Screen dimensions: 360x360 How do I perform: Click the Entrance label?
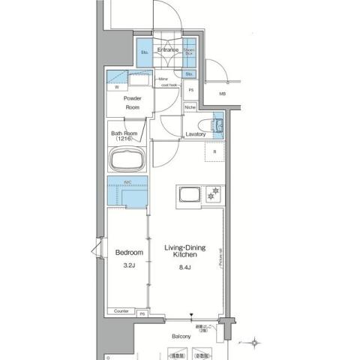tap(167, 50)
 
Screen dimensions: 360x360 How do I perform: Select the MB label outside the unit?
tap(223, 94)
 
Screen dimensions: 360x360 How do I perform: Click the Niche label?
tap(190, 106)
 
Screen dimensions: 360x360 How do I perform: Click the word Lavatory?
tap(195, 133)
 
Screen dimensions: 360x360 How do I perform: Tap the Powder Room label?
tap(133, 103)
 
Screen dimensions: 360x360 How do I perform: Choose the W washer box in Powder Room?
tap(117, 88)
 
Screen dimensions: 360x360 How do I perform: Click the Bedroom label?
tap(128, 252)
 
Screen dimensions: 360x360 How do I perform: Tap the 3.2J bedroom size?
tap(128, 265)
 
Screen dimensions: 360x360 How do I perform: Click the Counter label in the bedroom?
tap(121, 311)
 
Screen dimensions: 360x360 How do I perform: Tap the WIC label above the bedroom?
tap(127, 182)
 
